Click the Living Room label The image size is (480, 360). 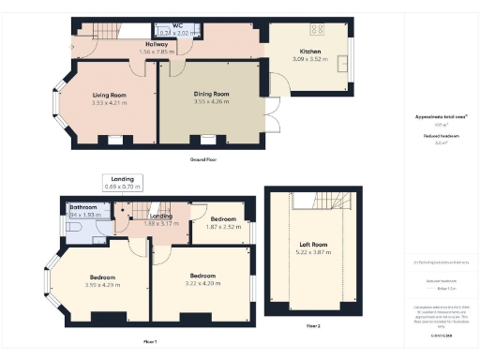(109, 95)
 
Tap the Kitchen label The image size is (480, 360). (310, 52)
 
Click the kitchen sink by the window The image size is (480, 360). (345, 65)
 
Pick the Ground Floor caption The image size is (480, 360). (203, 160)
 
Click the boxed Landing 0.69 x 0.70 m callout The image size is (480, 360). (123, 182)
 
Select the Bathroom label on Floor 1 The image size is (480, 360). (83, 209)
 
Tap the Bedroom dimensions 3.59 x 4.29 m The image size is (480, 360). (102, 285)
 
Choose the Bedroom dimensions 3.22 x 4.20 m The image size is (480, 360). (202, 283)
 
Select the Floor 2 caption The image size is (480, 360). (312, 325)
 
